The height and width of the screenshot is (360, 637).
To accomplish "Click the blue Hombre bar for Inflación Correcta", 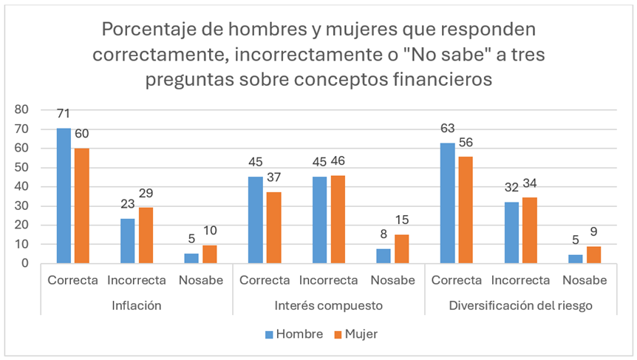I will pos(64,196).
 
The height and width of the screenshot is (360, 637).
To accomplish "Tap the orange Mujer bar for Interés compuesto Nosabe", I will pos(401,249).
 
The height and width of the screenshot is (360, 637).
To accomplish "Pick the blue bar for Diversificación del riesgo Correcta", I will pos(446,203).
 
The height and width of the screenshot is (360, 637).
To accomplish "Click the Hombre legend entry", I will pos(293,334).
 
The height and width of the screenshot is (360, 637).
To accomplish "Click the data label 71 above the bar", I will pos(64,115).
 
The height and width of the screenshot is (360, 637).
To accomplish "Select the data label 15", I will pos(401,221).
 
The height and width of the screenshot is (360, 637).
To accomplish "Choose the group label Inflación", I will pos(137,305).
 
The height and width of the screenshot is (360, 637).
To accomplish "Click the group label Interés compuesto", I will pos(328,305).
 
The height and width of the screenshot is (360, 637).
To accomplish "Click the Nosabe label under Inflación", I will pos(201,281).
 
